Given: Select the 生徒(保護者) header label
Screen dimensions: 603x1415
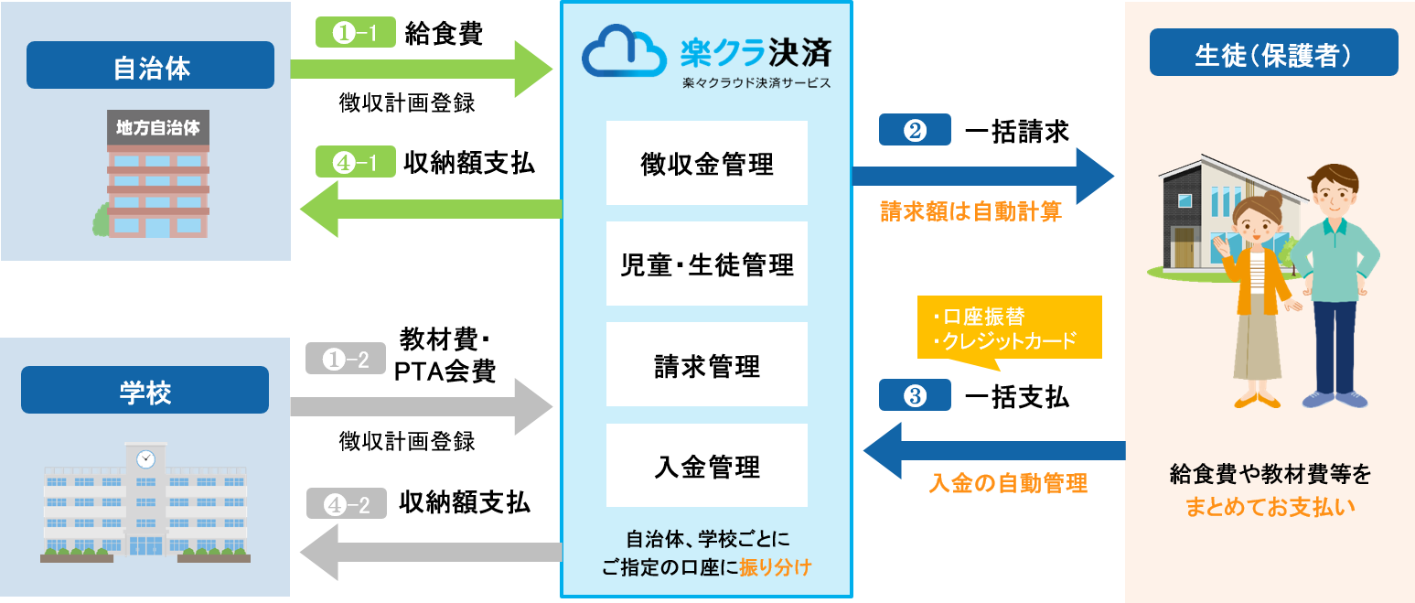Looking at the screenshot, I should [x=1273, y=52].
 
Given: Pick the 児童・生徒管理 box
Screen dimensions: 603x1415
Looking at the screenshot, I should [x=706, y=264].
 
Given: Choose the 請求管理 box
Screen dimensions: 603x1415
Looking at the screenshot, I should [x=706, y=365].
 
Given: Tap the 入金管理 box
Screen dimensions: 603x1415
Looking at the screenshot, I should [x=706, y=466].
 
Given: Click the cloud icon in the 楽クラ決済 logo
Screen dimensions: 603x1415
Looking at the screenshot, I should [x=626, y=52].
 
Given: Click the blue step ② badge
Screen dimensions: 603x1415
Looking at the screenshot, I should [x=916, y=131].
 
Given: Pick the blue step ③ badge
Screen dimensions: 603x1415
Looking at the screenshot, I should [x=916, y=396].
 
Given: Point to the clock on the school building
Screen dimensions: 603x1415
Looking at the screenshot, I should [x=145, y=458].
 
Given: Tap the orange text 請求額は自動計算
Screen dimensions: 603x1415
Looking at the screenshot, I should [x=970, y=212].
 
